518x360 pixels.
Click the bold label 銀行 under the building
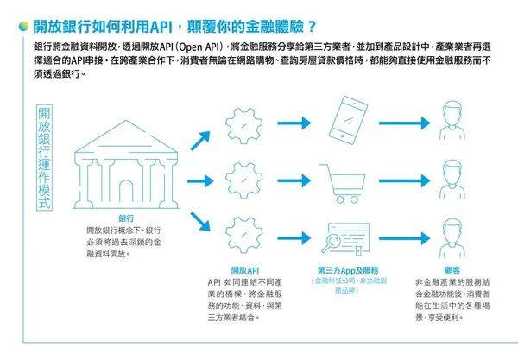pos(126,218)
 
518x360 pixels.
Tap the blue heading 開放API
pos(246,269)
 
